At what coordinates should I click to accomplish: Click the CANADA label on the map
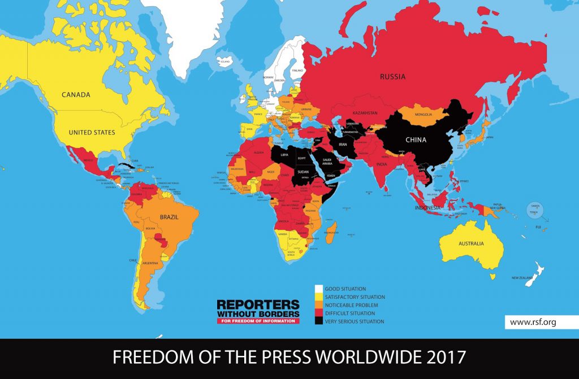(x=76, y=95)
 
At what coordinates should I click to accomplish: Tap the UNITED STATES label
(x=92, y=133)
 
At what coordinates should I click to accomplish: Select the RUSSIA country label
(x=392, y=76)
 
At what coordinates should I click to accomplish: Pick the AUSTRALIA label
(x=471, y=243)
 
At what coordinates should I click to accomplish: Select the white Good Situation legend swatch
(x=318, y=289)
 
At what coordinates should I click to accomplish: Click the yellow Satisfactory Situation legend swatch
(x=318, y=297)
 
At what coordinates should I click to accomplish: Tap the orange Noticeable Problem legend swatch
(x=318, y=305)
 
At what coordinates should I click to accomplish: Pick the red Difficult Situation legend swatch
(x=318, y=313)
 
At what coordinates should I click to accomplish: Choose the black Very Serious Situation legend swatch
(x=318, y=321)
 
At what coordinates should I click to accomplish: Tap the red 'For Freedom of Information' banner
(x=258, y=321)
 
